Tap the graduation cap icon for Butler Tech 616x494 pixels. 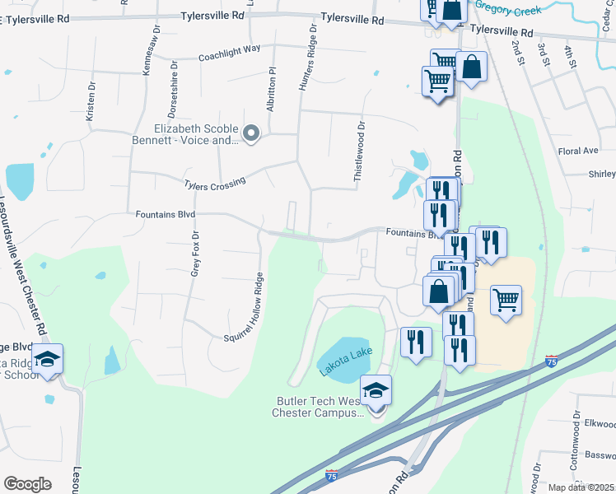coord(376,389)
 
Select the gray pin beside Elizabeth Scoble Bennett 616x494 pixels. coord(253,132)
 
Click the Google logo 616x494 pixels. coord(27,484)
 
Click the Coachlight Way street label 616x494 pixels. coord(229,54)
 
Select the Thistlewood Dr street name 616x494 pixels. coord(359,151)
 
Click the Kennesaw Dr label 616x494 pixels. coord(147,58)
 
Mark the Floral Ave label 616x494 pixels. coord(577,151)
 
